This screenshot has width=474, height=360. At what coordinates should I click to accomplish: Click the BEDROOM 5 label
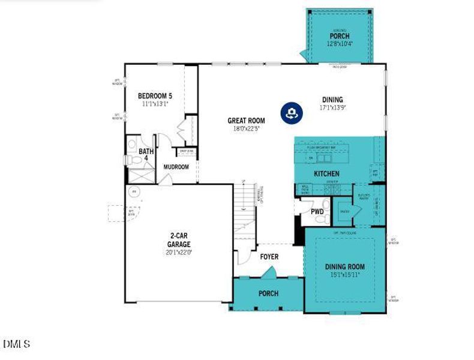point(155,95)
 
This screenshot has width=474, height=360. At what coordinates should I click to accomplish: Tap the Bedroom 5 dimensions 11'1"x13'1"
point(155,103)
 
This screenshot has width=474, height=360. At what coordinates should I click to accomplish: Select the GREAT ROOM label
point(246,120)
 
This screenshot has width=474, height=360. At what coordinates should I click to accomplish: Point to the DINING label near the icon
point(332,100)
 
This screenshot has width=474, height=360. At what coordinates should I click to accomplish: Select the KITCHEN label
point(327,173)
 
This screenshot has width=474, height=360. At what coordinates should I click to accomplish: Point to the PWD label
point(317,212)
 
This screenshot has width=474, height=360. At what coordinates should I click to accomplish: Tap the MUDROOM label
point(176,167)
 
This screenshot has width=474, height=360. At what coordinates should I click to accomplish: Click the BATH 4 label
point(146,155)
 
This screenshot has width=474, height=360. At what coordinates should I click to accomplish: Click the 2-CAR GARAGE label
point(179,240)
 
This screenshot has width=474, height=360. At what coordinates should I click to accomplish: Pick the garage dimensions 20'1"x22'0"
point(179,253)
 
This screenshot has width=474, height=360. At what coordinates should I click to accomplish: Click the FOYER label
point(269,256)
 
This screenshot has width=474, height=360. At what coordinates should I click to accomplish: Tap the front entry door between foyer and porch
point(269,273)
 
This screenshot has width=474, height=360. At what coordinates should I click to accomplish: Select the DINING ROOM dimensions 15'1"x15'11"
point(344,275)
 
